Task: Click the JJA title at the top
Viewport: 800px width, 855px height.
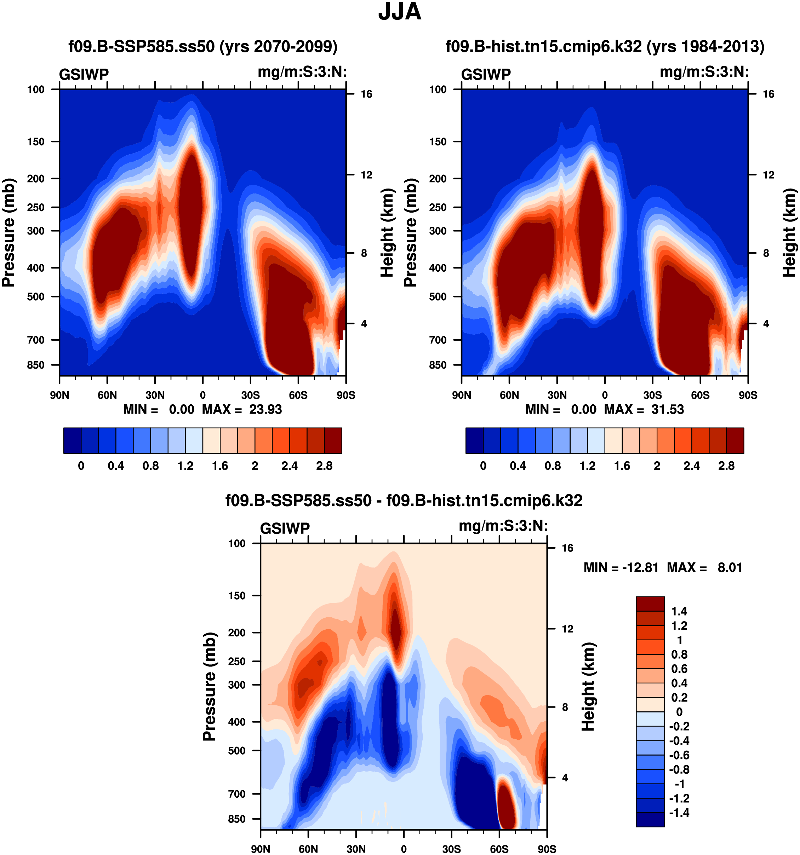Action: pos(399,12)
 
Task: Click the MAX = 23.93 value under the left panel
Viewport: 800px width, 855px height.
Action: pos(242,409)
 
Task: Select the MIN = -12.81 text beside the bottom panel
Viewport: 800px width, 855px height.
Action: pos(621,567)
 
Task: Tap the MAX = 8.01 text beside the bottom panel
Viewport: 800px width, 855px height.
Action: pos(704,567)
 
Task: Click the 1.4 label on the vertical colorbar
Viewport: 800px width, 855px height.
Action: pos(679,611)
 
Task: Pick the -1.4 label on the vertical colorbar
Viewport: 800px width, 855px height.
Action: pos(679,813)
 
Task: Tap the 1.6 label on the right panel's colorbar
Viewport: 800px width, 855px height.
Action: pos(622,466)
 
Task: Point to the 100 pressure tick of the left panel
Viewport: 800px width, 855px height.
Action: pos(36,89)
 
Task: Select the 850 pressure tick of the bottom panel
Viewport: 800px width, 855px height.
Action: pos(237,819)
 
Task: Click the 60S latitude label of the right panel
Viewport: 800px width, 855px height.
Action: pos(700,395)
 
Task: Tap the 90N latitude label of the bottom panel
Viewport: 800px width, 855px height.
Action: pos(261,849)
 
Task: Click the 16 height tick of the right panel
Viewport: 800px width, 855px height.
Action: pos(768,94)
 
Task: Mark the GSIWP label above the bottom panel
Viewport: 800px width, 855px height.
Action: pos(285,528)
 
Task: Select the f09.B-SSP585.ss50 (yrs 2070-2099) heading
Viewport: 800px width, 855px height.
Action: pos(203,46)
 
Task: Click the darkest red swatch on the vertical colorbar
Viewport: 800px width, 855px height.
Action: pos(650,603)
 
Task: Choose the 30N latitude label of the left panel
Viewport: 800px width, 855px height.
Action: pos(155,395)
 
